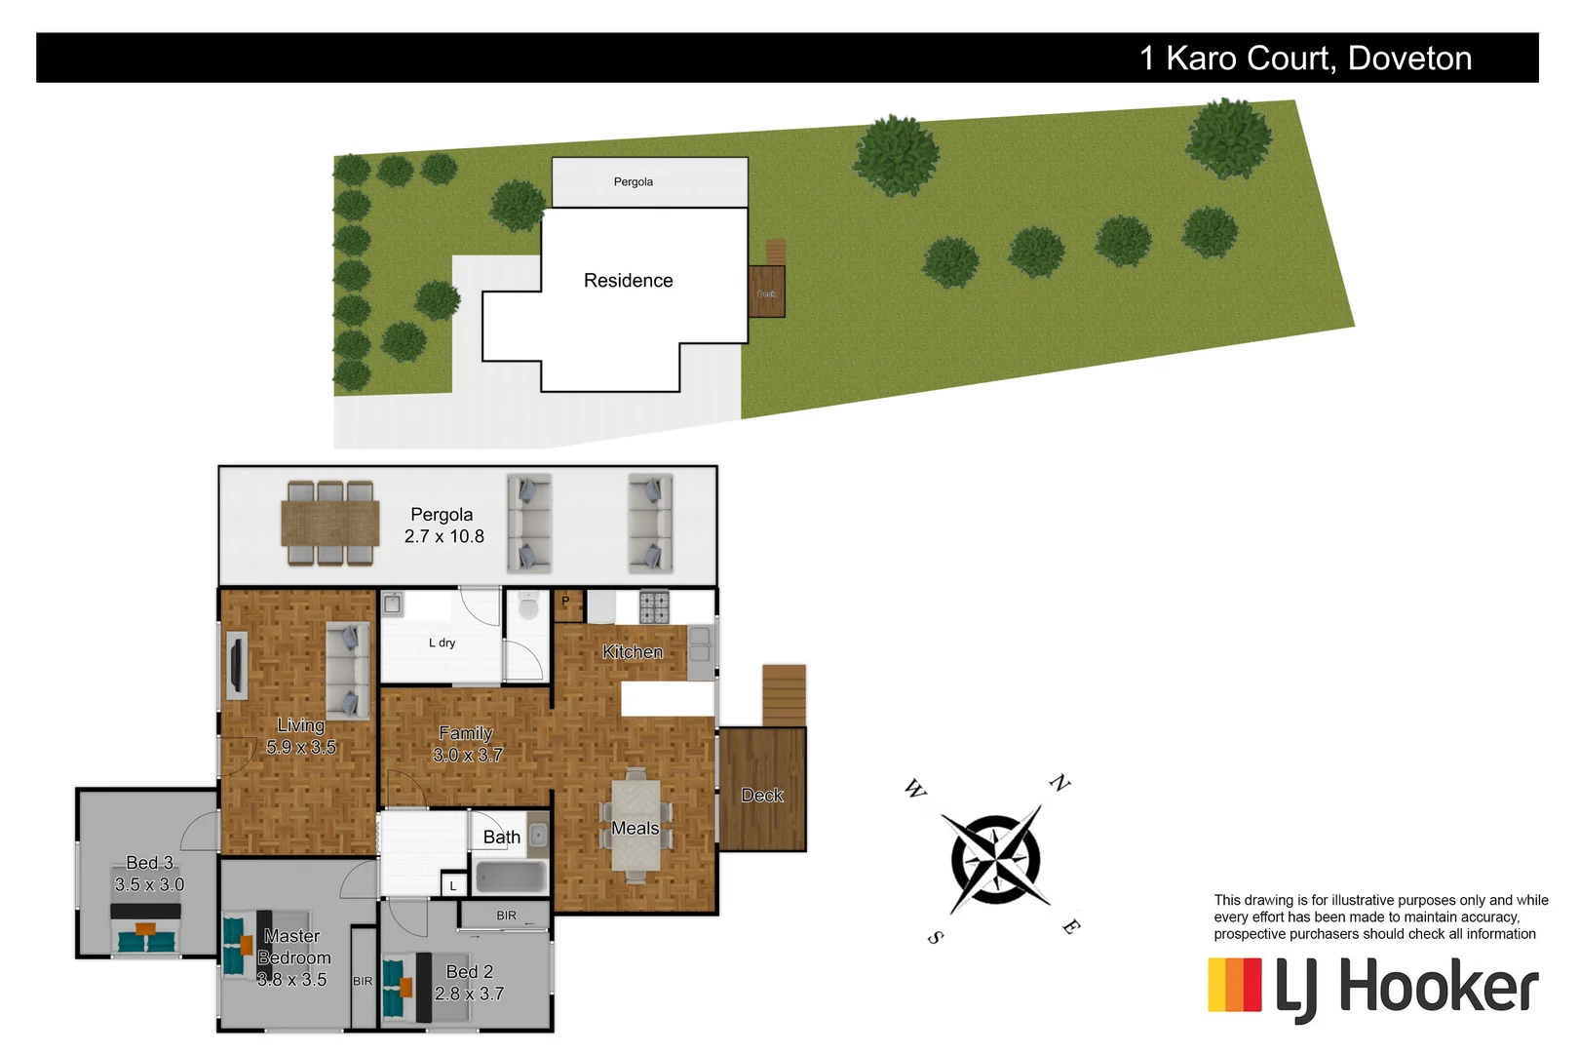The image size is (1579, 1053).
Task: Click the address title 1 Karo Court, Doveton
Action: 1305,58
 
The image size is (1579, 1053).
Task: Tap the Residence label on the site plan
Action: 628,281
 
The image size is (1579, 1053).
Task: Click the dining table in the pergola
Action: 330,524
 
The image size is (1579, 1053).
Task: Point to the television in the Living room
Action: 235,665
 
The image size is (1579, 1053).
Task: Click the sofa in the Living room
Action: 348,670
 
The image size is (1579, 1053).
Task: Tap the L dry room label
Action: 442,643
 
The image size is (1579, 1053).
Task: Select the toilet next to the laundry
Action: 528,607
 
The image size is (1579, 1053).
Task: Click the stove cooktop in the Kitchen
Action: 654,606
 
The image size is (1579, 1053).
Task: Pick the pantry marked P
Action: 567,604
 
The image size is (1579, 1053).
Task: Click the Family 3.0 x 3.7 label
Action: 467,744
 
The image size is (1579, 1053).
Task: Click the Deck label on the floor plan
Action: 762,796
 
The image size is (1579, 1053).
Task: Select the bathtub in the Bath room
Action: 510,877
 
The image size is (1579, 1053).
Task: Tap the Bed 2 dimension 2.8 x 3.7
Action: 469,994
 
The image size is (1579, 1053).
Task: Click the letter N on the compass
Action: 1059,782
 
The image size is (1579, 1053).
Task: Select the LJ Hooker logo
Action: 1372,987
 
